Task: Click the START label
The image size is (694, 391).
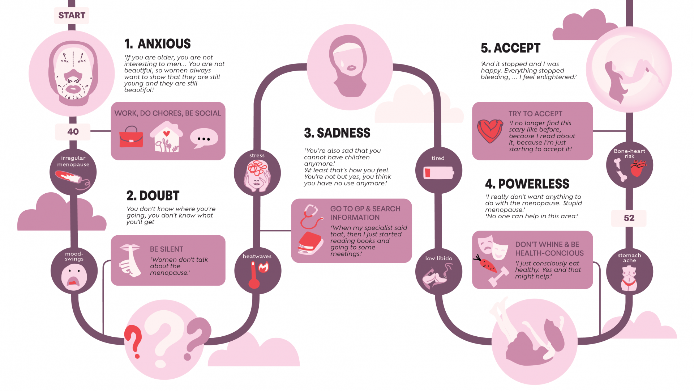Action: (x=72, y=16)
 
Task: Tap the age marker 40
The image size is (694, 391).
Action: (x=73, y=132)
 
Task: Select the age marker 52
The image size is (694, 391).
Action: (x=629, y=218)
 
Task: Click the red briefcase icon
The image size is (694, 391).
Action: (x=131, y=138)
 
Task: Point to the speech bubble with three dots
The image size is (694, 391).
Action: (x=204, y=138)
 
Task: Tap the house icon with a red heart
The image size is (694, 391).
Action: (x=166, y=137)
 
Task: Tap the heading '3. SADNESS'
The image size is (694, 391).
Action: (x=337, y=133)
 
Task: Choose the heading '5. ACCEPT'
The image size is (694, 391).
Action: (x=510, y=48)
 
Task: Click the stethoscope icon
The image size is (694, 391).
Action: (x=310, y=216)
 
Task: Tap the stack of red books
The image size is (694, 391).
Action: (x=310, y=243)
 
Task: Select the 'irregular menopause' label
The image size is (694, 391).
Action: (x=73, y=161)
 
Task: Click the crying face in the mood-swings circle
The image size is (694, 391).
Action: (x=74, y=277)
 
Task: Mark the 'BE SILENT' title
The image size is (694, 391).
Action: (x=166, y=249)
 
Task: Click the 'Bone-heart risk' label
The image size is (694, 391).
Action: (x=629, y=154)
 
